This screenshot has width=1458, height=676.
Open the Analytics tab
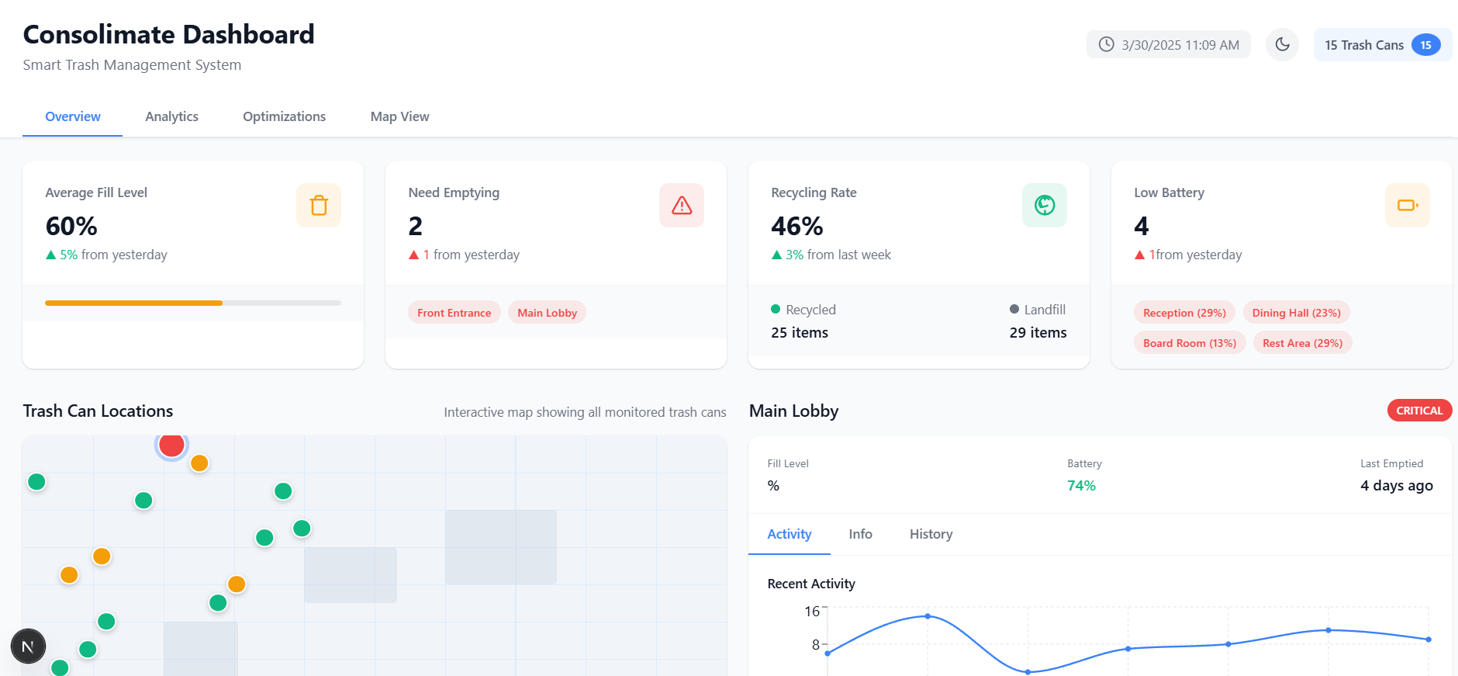pyautogui.click(x=171, y=116)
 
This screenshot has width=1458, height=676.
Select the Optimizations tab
pyautogui.click(x=284, y=116)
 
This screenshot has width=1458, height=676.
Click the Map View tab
pyautogui.click(x=399, y=116)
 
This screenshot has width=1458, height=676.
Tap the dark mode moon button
pyautogui.click(x=1282, y=44)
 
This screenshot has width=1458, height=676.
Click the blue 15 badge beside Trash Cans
pyautogui.click(x=1425, y=45)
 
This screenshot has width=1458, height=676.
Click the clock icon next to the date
pyautogui.click(x=1107, y=44)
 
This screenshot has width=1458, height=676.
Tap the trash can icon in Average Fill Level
pyautogui.click(x=319, y=206)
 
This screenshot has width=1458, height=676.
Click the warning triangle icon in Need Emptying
pyautogui.click(x=682, y=206)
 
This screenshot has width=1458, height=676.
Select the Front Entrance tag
pyautogui.click(x=454, y=313)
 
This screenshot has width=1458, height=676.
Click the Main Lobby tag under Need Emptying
pyautogui.click(x=547, y=313)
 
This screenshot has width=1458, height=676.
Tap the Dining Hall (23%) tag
pyautogui.click(x=1296, y=313)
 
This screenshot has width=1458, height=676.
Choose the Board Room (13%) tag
pyautogui.click(x=1189, y=343)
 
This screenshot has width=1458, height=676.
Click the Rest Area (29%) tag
pyautogui.click(x=1302, y=343)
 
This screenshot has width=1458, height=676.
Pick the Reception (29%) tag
pyautogui.click(x=1184, y=313)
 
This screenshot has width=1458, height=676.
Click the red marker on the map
pyautogui.click(x=171, y=445)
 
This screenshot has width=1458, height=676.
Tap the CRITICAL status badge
pyautogui.click(x=1419, y=411)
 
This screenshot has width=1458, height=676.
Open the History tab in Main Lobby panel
pyautogui.click(x=931, y=534)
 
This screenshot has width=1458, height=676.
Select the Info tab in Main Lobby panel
pyautogui.click(x=860, y=534)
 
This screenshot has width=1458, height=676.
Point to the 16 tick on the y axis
pyautogui.click(x=812, y=612)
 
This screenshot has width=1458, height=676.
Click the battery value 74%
pyautogui.click(x=1081, y=486)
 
